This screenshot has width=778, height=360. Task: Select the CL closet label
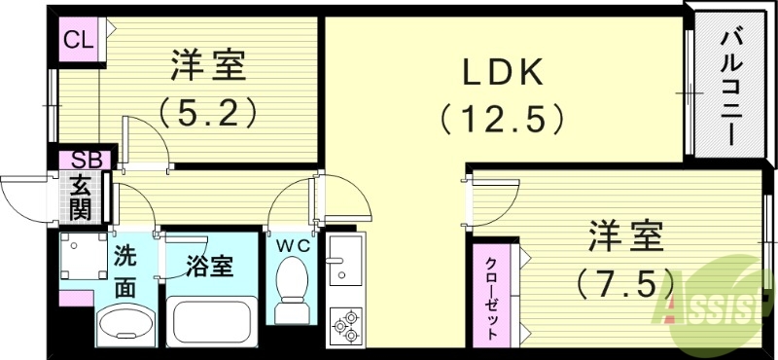click(x=77, y=40)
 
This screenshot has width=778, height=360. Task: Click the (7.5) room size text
click(x=626, y=283)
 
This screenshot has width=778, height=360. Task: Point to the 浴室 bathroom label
click(x=210, y=266)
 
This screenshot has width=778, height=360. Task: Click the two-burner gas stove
click(x=344, y=324)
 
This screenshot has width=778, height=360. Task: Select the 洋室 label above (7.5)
click(x=625, y=236)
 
